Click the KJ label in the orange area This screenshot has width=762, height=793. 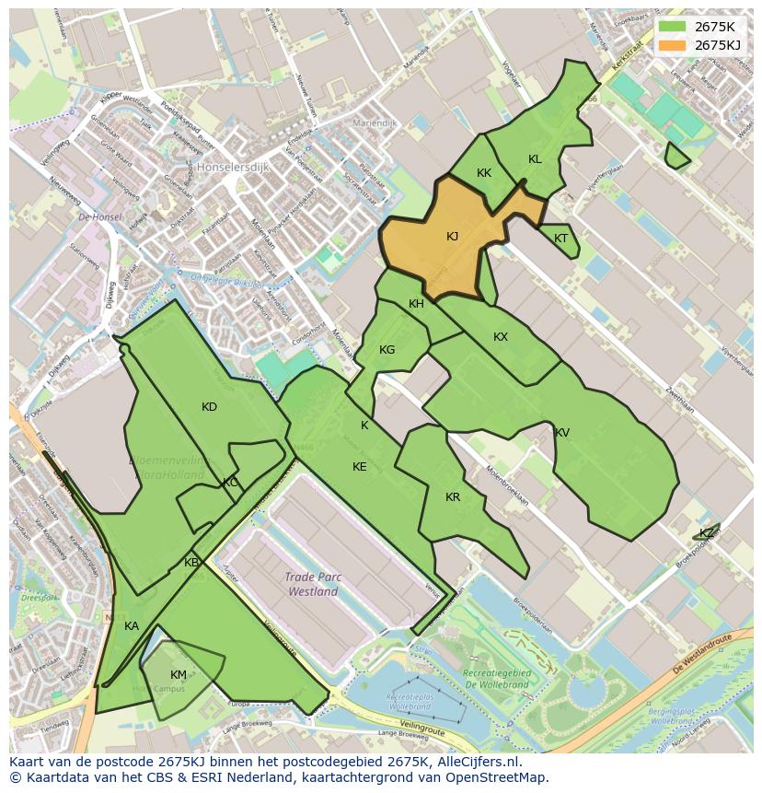pos(452,237)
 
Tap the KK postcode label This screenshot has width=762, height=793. pos(484,173)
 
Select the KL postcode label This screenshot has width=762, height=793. pos(535,159)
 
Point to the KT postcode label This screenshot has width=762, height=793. pos(561,239)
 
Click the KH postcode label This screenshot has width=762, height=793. pos(416,304)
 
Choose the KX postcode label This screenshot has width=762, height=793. pos(501,337)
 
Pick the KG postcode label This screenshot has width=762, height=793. pos(387,350)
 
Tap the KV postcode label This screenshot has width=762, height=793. pos(561,433)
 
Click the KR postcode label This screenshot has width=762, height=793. pos(453,497)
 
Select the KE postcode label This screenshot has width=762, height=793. pos(360,467)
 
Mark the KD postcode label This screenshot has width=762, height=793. pos(209,407)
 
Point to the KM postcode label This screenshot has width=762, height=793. pos(179,675)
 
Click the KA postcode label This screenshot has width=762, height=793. pos(132,626)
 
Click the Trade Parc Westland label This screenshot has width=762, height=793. pos(312,585)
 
